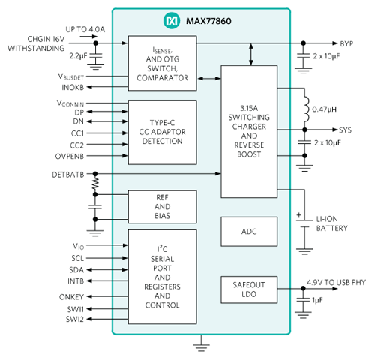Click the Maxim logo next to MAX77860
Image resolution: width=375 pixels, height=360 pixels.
pyautogui.click(x=172, y=21)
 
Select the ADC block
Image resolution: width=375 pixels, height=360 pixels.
pyautogui.click(x=249, y=232)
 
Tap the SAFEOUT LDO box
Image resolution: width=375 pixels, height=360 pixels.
pyautogui.click(x=249, y=289)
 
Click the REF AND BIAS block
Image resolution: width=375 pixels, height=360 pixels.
pyautogui.click(x=163, y=207)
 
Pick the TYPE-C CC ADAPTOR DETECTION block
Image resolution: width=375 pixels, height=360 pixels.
pyautogui.click(x=163, y=132)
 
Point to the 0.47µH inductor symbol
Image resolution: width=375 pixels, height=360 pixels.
pyautogui.click(x=306, y=109)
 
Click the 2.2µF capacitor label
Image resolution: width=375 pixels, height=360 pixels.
pyautogui.click(x=78, y=56)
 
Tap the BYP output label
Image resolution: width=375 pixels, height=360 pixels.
pyautogui.click(x=346, y=43)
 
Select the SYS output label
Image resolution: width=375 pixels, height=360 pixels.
pyautogui.click(x=345, y=130)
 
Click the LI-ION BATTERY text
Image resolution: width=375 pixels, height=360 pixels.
pyautogui.click(x=332, y=223)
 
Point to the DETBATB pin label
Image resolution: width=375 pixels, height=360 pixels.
pyautogui.click(x=68, y=175)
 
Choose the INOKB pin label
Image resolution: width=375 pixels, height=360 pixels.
pyautogui.click(x=73, y=87)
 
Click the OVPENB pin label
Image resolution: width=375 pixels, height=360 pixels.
pyautogui.click(x=70, y=157)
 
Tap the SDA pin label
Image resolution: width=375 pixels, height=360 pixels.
pyautogui.click(x=76, y=270)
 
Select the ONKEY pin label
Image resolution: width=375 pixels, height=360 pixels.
pyautogui.click(x=71, y=297)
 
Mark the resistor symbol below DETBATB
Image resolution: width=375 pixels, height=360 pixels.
pyautogui.click(x=95, y=184)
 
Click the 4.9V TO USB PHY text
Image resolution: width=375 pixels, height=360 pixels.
pyautogui.click(x=336, y=282)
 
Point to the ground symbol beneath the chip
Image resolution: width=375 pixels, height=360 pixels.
pyautogui.click(x=201, y=347)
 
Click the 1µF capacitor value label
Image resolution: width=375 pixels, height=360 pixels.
pyautogui.click(x=317, y=300)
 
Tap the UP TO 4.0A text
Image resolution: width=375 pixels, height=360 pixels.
pyautogui.click(x=85, y=29)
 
